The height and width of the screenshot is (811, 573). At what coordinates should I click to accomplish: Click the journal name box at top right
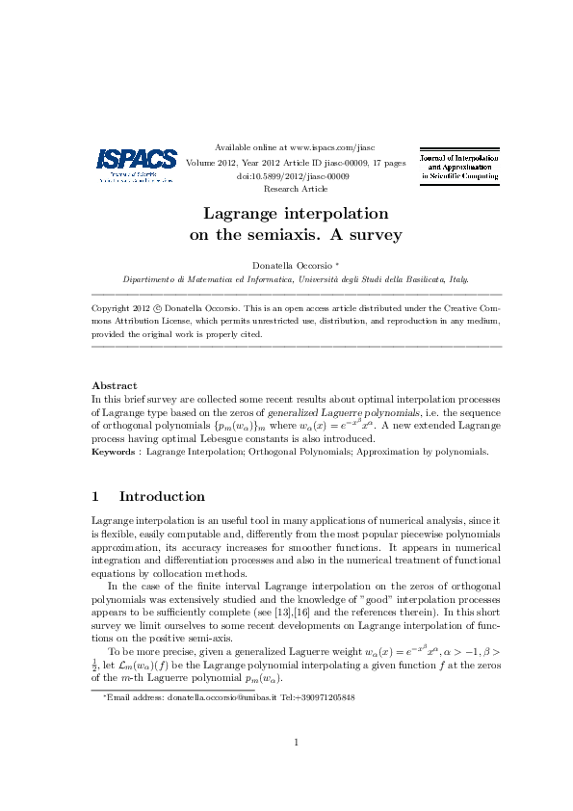[x=457, y=167]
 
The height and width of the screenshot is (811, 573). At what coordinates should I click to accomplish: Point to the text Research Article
[x=294, y=190]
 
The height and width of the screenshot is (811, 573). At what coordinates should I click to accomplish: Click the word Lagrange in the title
[x=243, y=214]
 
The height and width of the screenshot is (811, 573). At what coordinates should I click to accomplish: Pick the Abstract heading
[x=114, y=385]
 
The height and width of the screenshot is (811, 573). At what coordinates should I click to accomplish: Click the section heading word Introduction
[x=162, y=497]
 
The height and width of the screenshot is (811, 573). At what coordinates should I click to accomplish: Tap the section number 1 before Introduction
[x=95, y=497]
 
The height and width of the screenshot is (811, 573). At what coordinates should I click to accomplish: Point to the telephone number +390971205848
[x=323, y=696]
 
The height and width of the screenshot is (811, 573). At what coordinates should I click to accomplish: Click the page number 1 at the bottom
[x=297, y=742]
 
